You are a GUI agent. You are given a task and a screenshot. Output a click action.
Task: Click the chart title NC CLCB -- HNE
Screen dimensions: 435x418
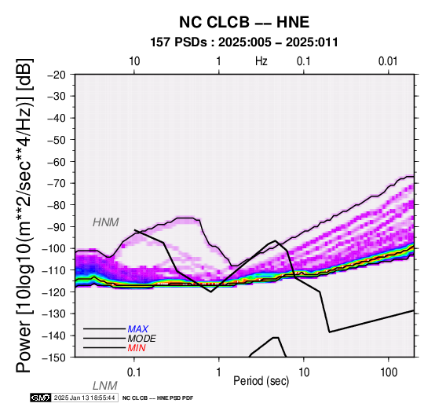(244, 22)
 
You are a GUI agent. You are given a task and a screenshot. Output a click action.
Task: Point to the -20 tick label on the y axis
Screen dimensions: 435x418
(57, 75)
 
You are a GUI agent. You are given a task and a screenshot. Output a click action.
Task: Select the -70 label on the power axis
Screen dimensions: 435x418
(57, 183)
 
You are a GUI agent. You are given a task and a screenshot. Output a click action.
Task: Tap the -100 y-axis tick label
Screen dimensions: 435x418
(54, 248)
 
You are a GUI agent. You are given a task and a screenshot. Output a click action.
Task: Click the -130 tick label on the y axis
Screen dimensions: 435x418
(54, 313)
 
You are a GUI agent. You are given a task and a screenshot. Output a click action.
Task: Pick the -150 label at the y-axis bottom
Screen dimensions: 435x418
(54, 357)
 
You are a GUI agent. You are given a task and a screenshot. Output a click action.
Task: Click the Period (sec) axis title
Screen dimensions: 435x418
(261, 381)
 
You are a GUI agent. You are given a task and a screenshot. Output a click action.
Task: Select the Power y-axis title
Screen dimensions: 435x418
(24, 215)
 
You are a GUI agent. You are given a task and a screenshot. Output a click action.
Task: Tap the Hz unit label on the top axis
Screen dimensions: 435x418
(261, 61)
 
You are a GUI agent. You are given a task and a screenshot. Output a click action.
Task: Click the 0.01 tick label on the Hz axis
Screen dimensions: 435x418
(388, 61)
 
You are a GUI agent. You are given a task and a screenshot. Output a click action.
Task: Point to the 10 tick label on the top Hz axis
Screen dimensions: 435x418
(134, 61)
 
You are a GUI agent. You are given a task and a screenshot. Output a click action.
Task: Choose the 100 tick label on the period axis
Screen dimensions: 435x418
(389, 372)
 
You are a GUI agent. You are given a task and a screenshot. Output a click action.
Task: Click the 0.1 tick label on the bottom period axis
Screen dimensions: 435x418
(134, 372)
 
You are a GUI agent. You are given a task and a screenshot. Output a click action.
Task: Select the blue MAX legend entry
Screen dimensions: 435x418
(138, 329)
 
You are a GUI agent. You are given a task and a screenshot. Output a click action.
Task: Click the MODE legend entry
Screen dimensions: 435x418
(142, 339)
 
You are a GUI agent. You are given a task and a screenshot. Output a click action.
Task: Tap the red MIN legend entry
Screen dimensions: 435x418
(137, 348)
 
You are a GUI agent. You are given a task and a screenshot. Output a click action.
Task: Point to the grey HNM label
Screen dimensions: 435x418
(106, 222)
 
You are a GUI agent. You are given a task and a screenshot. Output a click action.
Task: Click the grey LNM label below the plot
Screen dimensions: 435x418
(105, 386)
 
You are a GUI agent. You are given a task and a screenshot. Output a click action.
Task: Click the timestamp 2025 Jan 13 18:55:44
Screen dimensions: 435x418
(84, 398)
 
